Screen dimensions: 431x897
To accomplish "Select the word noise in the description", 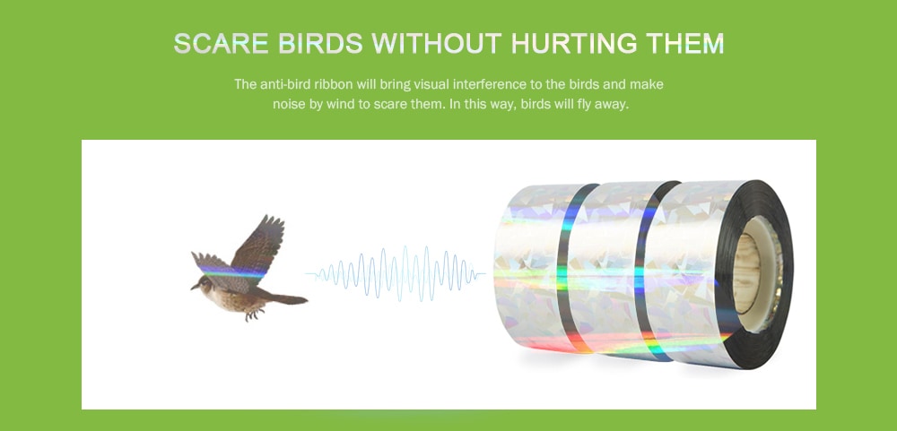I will pos(292,104).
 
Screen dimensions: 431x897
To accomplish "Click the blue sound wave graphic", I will pos(395,270).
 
